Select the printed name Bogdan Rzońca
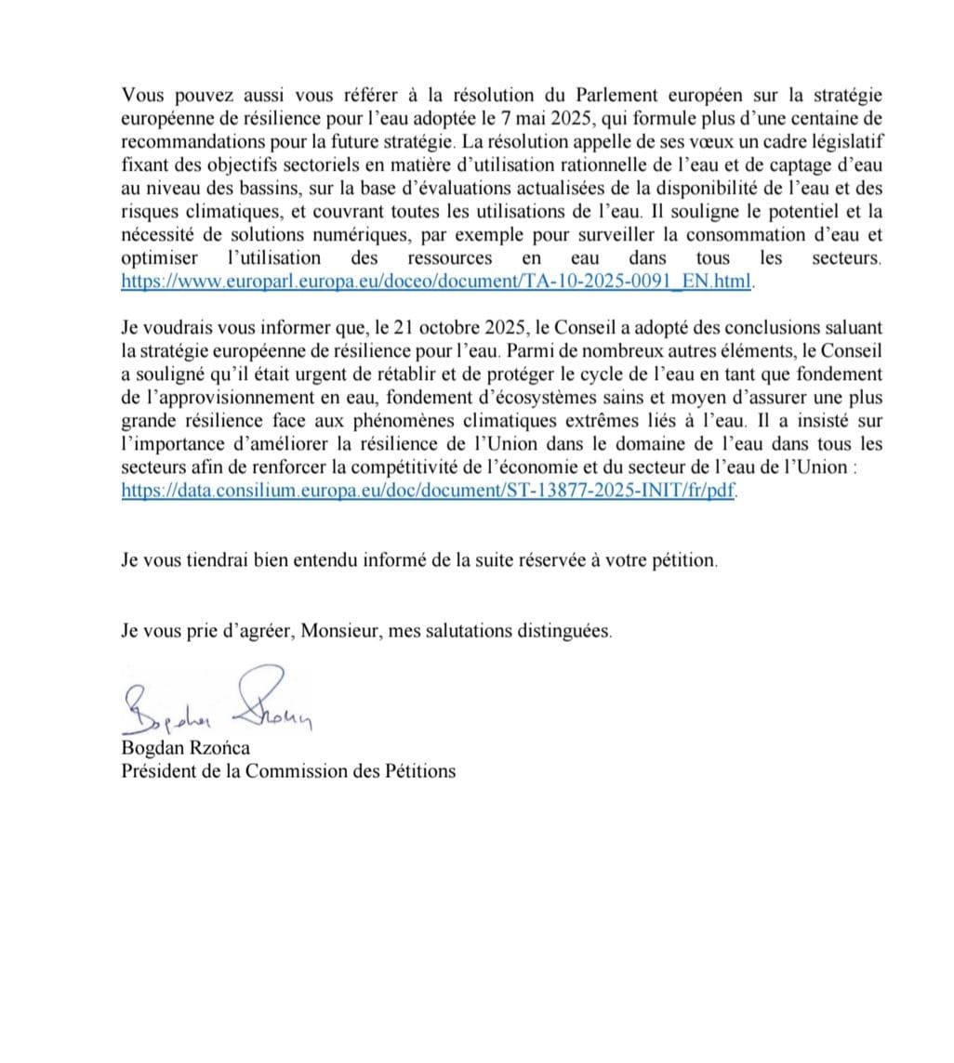coord(186,748)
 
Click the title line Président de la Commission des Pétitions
coord(288,770)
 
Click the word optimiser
coord(154,258)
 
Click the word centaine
coord(814,119)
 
